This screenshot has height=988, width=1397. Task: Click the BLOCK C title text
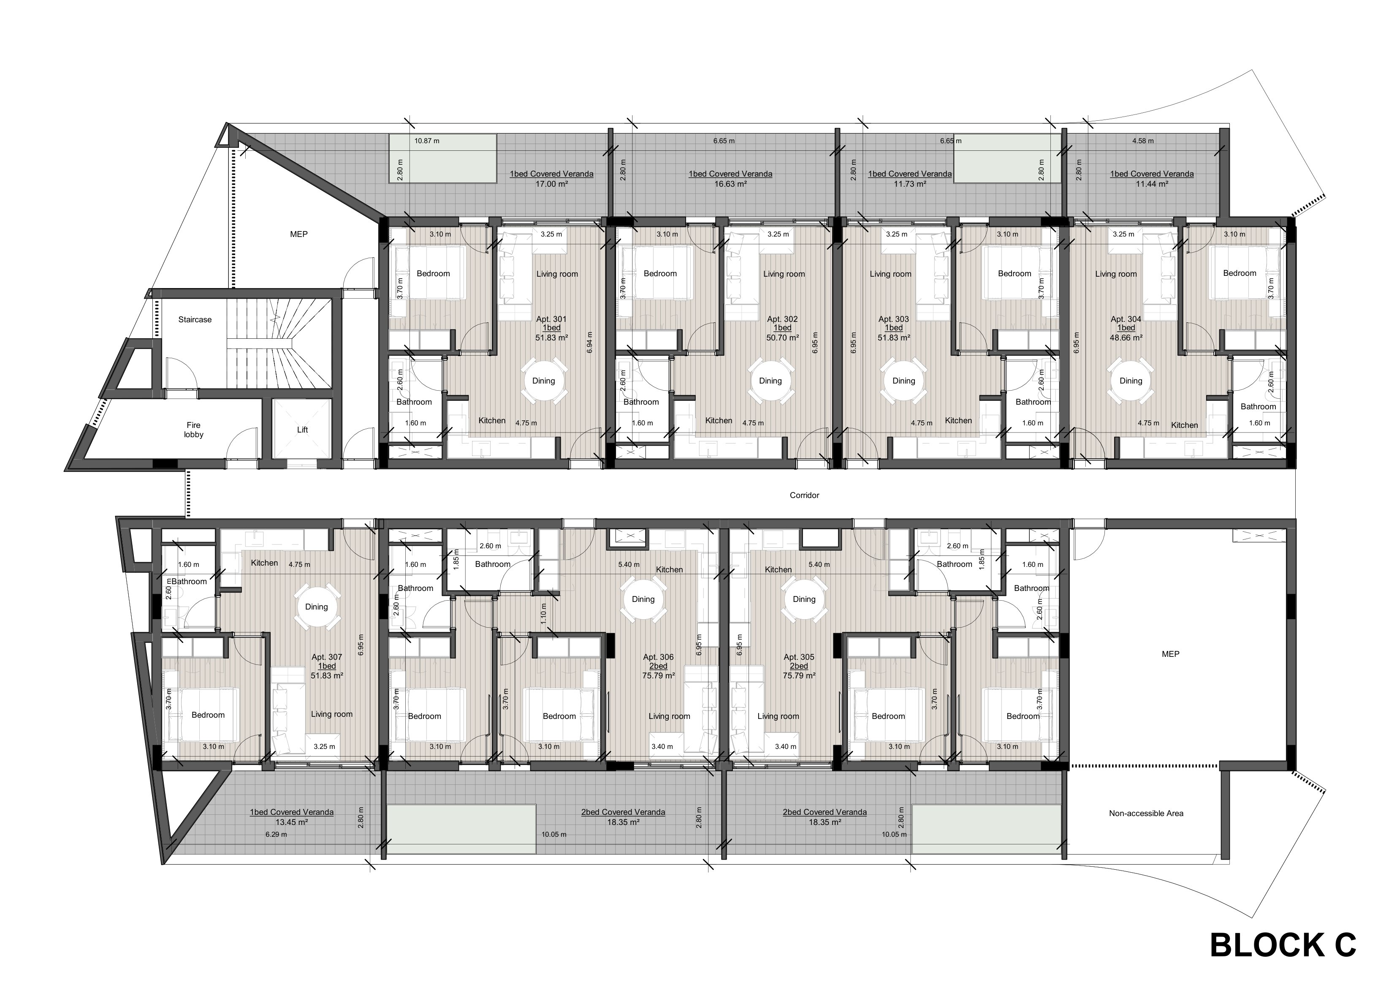pos(1283,945)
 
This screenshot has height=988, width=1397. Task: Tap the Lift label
pos(302,430)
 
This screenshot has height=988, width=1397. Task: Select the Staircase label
pos(195,320)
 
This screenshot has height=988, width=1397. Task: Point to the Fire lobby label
pos(193,430)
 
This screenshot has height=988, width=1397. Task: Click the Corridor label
pos(804,495)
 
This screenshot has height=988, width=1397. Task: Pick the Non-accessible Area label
pos(1146,813)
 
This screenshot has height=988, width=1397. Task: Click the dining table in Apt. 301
pos(543,381)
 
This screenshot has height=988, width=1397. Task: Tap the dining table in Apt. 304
pos(1131,381)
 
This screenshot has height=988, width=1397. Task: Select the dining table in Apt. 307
pos(316,607)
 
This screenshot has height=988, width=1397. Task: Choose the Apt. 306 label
pos(658,657)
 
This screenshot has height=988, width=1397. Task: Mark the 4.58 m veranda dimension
pos(1143,141)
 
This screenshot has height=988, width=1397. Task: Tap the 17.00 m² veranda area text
pos(551,184)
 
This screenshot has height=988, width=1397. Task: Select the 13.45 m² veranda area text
pos(291,822)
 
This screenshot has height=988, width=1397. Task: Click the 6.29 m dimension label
pos(276,835)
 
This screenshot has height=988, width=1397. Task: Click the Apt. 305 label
pos(799,657)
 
